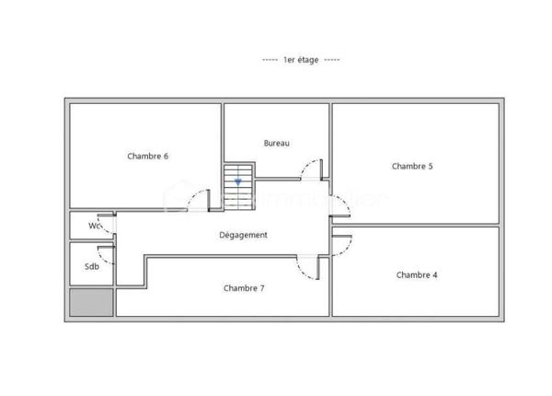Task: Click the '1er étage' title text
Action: coord(302,60)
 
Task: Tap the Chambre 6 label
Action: coord(147,157)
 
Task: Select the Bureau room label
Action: coord(276,143)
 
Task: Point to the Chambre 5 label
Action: coord(412,167)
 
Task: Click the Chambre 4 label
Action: coord(417,274)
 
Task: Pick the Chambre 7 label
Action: coord(244,288)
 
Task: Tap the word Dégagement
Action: coord(244,235)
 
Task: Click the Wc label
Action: coord(94,226)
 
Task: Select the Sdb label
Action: coord(92,267)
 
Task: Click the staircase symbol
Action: coord(239,180)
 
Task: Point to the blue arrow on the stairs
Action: coord(239,182)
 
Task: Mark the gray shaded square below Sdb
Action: coord(91,303)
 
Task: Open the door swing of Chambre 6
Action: coord(199,204)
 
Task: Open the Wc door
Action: coord(108,224)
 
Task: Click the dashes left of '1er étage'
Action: coord(270,60)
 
